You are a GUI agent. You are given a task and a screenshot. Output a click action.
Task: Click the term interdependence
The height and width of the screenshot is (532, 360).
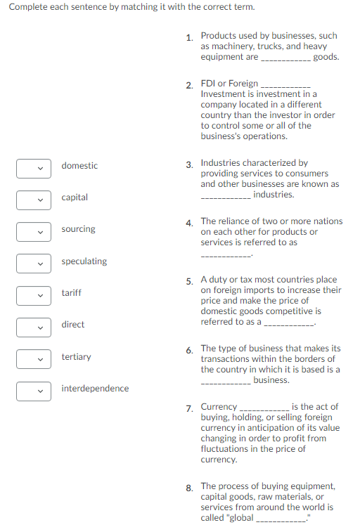click(95, 389)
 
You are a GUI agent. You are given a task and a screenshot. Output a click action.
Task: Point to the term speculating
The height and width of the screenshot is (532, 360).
click(84, 261)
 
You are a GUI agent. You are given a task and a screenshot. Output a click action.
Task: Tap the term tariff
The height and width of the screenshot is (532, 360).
click(71, 292)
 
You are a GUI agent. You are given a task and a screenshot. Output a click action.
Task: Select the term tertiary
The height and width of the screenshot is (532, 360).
click(76, 357)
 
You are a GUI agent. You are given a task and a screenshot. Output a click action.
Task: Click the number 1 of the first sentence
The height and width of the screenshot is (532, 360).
click(189, 38)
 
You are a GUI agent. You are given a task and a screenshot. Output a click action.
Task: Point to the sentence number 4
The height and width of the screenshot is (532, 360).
click(189, 223)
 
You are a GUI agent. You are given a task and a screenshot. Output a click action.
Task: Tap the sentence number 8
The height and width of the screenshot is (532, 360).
click(189, 488)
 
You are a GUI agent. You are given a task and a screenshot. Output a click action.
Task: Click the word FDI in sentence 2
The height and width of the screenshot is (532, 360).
click(209, 84)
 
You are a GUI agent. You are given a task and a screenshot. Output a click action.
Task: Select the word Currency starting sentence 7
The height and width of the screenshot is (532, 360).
click(219, 407)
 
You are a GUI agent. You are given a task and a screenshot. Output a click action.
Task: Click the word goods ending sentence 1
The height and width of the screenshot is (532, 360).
click(326, 57)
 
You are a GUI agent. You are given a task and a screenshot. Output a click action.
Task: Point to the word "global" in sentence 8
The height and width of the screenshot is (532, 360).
click(238, 518)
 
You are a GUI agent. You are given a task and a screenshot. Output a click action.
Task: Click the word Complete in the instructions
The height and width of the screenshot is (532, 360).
click(27, 8)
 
